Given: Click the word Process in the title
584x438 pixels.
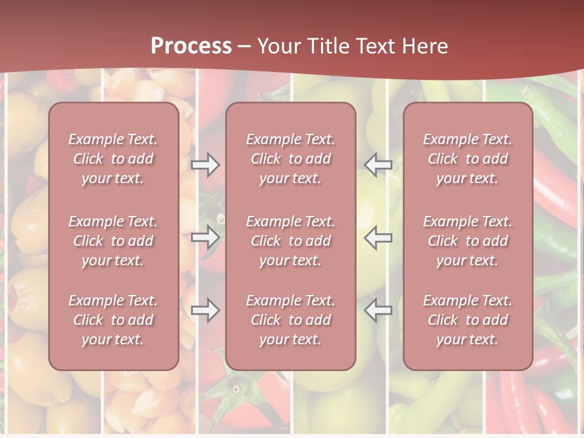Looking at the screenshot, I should coord(191,46).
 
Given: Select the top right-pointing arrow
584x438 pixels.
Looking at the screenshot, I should coord(205,165).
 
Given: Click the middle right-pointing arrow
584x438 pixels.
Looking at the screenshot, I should coord(205,237).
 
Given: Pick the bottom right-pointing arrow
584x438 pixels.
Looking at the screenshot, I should coord(205,311).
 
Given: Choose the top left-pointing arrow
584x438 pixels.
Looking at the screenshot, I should coord(378,165).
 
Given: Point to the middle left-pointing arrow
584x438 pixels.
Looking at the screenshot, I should coord(378,237).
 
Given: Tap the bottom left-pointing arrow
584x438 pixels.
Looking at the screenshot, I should coord(378,311).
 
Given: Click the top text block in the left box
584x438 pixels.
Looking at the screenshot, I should coord(113,159).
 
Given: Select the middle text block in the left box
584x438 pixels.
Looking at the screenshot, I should coord(113,241).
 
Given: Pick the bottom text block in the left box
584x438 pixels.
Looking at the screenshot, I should coord(113,320).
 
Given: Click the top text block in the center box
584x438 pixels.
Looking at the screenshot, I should coord(290,159).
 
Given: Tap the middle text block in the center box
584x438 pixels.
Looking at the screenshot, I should coord(290,241).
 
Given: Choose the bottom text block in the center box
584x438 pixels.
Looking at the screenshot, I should coord(290,320).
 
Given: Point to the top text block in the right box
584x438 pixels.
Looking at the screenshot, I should coord(467,159).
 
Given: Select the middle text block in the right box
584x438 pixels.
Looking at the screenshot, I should coord(467,241).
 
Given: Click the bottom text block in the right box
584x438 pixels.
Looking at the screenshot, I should coord(467,320).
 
